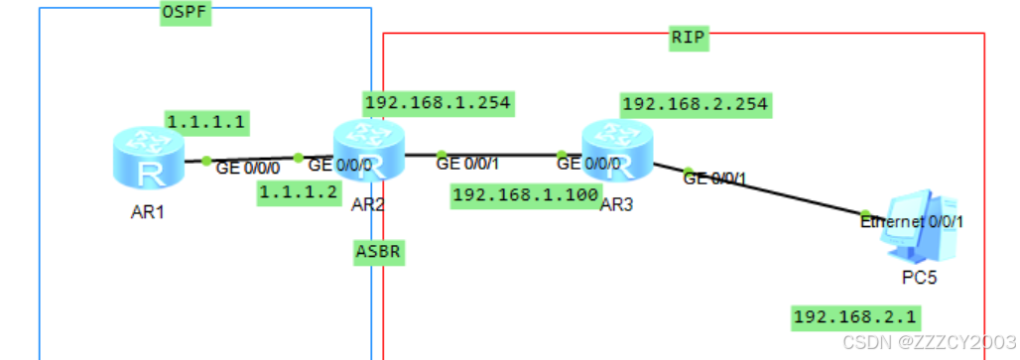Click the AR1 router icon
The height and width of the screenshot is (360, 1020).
pyautogui.click(x=148, y=158)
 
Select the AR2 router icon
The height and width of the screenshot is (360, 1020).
pyautogui.click(x=369, y=150)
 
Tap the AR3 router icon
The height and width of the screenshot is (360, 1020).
pyautogui.click(x=617, y=151)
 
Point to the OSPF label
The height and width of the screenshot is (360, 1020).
pyautogui.click(x=187, y=13)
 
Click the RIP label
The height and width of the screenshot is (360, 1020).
pyautogui.click(x=689, y=38)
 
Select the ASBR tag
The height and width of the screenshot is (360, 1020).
pyautogui.click(x=379, y=252)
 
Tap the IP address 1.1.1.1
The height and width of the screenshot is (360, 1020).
pyautogui.click(x=207, y=122)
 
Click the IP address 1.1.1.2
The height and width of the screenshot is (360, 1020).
pyautogui.click(x=300, y=193)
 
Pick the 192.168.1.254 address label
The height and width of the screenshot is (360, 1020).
pyautogui.click(x=439, y=103)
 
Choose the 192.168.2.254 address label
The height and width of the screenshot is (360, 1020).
pyautogui.click(x=697, y=104)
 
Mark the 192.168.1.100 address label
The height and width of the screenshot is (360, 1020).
pyautogui.click(x=526, y=195)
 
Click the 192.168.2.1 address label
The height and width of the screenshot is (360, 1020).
pyautogui.click(x=854, y=317)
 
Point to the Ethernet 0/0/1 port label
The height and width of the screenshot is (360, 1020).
pyautogui.click(x=912, y=222)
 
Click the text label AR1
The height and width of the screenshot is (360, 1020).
pyautogui.click(x=147, y=212)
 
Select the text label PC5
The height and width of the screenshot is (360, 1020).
pyautogui.click(x=919, y=278)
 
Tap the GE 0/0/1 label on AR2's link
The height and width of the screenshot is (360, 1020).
pyautogui.click(x=467, y=164)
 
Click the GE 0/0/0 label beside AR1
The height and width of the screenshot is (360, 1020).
pyautogui.click(x=248, y=169)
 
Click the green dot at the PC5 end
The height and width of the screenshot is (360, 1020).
pyautogui.click(x=865, y=214)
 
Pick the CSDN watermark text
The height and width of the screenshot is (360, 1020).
pyautogui.click(x=929, y=342)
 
